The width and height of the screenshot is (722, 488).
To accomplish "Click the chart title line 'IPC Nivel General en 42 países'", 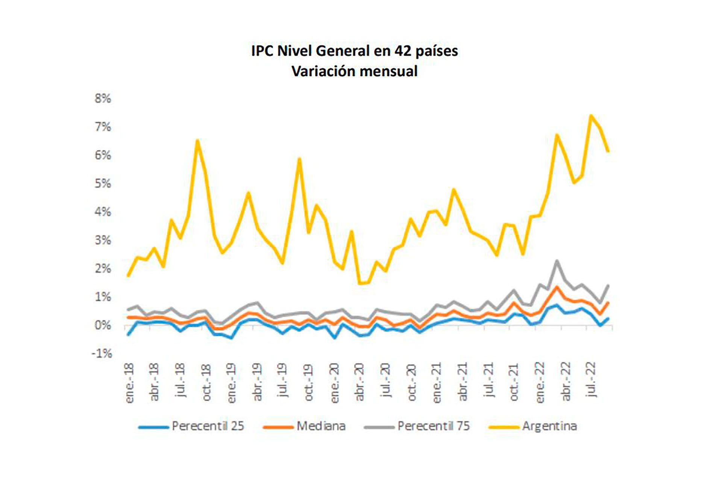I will click(354, 51).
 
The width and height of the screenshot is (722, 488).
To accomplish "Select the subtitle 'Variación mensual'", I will click(354, 71).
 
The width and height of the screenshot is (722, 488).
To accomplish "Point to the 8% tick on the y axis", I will click(103, 99).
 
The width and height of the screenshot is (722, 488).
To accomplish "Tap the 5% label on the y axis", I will click(103, 183).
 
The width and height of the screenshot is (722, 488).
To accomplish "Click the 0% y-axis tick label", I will click(103, 325).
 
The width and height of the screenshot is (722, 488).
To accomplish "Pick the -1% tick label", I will click(102, 353).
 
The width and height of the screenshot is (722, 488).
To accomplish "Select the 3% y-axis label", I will click(103, 240).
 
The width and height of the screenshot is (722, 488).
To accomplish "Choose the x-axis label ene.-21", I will click(436, 383).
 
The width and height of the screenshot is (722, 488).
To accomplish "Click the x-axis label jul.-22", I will click(590, 380).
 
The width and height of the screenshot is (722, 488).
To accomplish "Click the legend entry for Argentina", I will click(549, 426).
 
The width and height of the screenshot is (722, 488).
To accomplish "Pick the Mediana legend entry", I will click(321, 426).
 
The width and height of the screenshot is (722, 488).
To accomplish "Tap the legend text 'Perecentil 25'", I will click(208, 426).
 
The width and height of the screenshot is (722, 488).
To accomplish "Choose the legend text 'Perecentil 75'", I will click(433, 426).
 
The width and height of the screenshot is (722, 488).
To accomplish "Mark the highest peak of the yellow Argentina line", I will click(591, 115).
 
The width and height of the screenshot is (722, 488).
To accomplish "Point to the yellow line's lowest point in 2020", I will click(360, 283).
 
